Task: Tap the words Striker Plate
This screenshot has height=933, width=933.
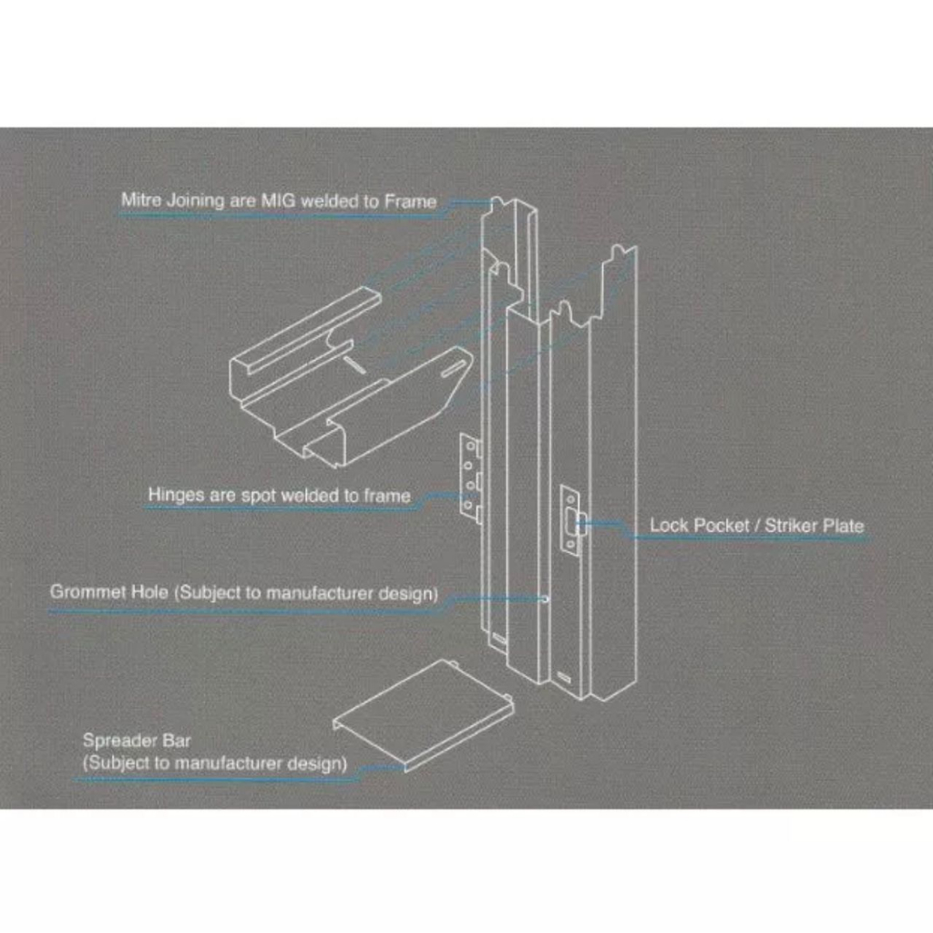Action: pyautogui.click(x=815, y=526)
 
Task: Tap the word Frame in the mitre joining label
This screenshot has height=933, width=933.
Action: pyautogui.click(x=410, y=200)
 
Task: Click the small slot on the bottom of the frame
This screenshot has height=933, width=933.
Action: pyautogui.click(x=566, y=677)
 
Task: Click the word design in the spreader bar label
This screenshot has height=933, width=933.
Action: pyautogui.click(x=318, y=763)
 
